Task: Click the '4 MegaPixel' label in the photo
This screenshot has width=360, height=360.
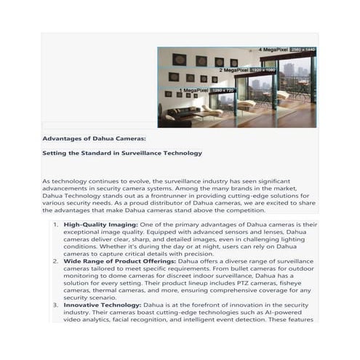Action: (x=276, y=49)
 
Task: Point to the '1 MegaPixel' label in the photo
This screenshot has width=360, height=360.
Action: (x=193, y=89)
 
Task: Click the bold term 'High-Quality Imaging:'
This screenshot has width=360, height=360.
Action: (x=100, y=225)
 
